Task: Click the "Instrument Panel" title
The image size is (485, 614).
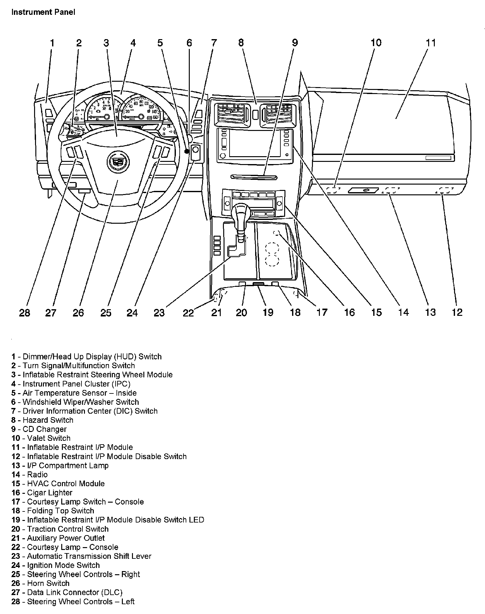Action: point(43,12)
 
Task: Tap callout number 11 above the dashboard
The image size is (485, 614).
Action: point(431,43)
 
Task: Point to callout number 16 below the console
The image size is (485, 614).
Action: point(349,312)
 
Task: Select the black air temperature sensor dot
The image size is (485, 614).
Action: point(187,151)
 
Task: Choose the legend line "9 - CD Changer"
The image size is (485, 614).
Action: point(39,429)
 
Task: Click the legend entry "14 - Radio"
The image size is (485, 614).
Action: point(29,475)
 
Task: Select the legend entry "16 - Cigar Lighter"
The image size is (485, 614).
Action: point(42,493)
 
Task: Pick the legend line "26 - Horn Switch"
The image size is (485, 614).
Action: point(40,583)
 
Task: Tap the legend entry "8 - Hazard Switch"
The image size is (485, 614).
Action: point(42,420)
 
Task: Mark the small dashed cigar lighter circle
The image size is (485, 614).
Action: point(277,233)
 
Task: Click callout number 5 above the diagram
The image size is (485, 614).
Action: point(160,43)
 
